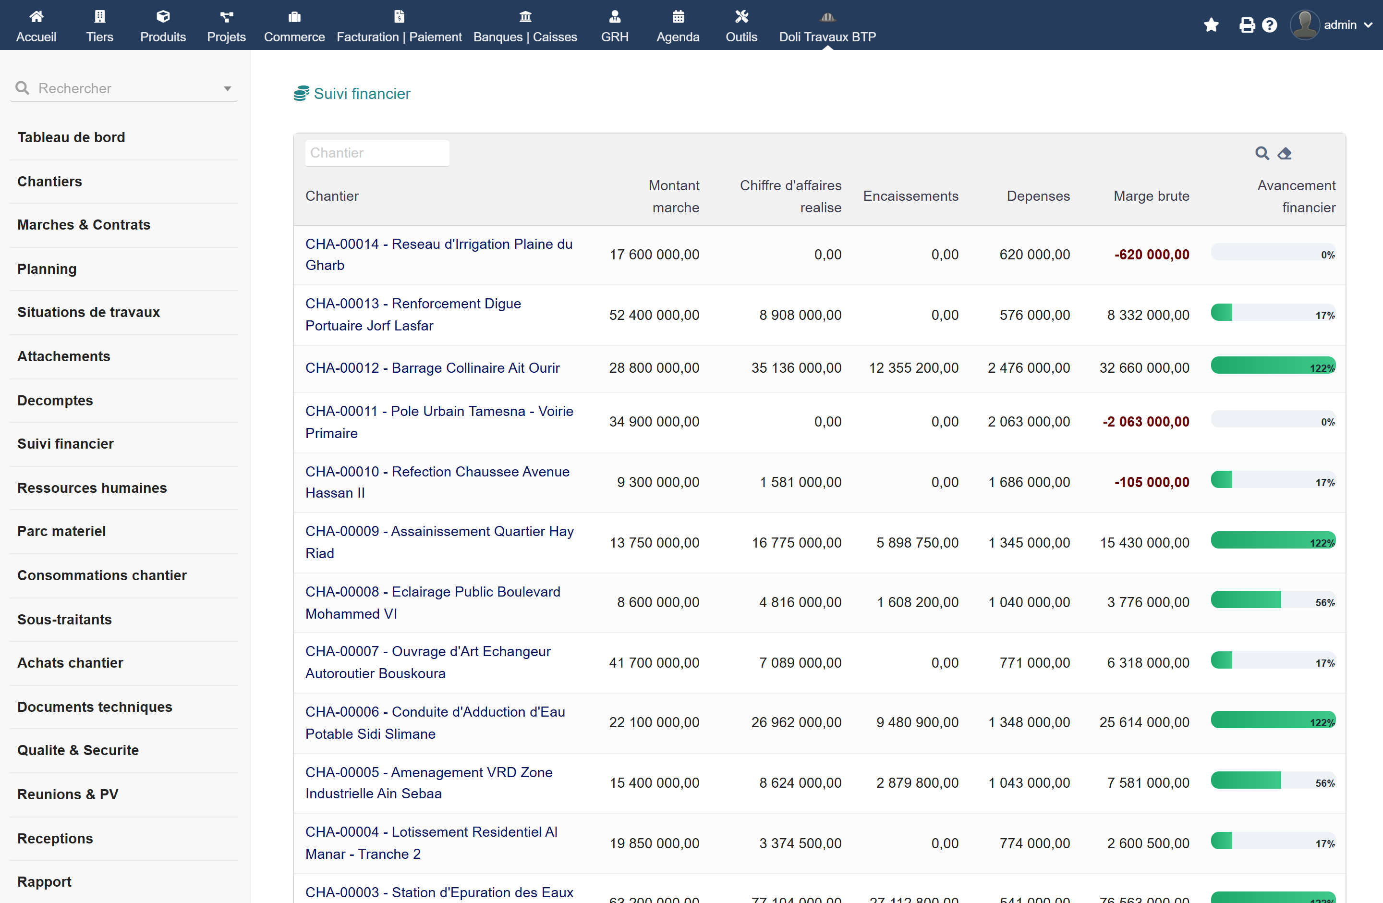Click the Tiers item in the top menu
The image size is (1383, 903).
pyautogui.click(x=99, y=25)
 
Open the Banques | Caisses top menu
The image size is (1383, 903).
pyautogui.click(x=525, y=25)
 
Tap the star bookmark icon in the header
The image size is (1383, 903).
pyautogui.click(x=1211, y=25)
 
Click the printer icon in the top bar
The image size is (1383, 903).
pyautogui.click(x=1247, y=25)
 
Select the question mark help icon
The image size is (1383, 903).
pyautogui.click(x=1270, y=25)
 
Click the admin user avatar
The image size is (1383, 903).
pyautogui.click(x=1305, y=25)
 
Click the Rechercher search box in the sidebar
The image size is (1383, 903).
pyautogui.click(x=124, y=88)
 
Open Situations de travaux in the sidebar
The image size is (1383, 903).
pyautogui.click(x=88, y=312)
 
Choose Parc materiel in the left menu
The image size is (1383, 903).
pyautogui.click(x=61, y=531)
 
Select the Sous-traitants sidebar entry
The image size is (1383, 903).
pyautogui.click(x=64, y=620)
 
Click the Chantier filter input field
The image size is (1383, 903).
pyautogui.click(x=377, y=153)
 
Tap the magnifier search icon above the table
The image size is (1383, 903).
pyautogui.click(x=1262, y=153)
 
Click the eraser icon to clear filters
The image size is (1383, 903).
pyautogui.click(x=1284, y=153)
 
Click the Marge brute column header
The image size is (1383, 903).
pyautogui.click(x=1151, y=196)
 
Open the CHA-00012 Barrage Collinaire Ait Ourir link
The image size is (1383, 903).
pyautogui.click(x=432, y=368)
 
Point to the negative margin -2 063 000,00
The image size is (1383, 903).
pyautogui.click(x=1146, y=422)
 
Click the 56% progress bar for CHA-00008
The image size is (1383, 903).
pyautogui.click(x=1273, y=599)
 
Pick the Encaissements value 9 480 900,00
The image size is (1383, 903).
pyautogui.click(x=918, y=722)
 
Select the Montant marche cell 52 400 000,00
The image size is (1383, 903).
pyautogui.click(x=655, y=315)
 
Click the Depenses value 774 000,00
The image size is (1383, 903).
pyautogui.click(x=1034, y=843)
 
